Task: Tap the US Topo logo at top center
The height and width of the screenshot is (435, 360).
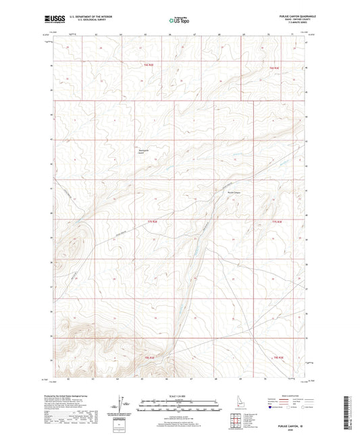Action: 177,21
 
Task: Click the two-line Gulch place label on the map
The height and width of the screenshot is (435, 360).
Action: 142,152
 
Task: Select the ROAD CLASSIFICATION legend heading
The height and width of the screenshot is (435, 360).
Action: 296,396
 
